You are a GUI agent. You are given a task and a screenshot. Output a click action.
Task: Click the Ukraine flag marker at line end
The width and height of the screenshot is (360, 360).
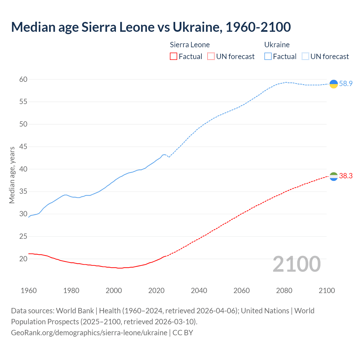[334, 84]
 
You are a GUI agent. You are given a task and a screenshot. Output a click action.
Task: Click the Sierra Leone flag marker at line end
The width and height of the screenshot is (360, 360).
[334, 176]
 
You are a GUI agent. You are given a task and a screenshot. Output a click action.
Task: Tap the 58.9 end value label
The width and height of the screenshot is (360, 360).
[346, 84]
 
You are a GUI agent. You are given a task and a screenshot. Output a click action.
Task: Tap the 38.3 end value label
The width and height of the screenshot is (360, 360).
[346, 176]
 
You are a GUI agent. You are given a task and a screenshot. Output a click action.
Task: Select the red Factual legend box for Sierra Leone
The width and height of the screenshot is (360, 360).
[174, 57]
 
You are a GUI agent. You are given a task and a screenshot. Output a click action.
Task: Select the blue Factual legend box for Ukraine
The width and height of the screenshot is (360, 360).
[268, 57]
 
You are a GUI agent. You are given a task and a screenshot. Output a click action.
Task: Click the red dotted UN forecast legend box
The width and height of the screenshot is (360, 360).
[211, 57]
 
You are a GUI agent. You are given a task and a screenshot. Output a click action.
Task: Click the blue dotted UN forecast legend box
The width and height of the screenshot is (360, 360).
[305, 57]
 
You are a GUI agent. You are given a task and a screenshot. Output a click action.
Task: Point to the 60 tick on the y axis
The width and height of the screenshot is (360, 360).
[23, 79]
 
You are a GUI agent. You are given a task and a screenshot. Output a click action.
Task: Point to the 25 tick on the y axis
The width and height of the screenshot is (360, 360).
[23, 236]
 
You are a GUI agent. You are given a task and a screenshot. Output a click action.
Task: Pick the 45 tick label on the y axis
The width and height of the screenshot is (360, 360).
[23, 147]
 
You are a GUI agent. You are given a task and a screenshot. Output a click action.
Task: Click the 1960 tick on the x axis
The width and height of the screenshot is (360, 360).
[29, 291]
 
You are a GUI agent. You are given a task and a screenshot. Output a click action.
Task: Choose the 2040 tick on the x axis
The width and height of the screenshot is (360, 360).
[199, 291]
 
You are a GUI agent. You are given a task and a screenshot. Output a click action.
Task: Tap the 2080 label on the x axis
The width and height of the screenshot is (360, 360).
[284, 291]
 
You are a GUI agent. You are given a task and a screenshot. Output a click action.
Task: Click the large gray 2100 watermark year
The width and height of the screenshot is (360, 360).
[297, 264]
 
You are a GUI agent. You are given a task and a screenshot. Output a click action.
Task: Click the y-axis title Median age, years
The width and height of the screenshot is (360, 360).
[12, 175]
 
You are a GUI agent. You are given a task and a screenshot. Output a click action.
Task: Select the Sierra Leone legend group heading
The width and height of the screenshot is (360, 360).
[190, 45]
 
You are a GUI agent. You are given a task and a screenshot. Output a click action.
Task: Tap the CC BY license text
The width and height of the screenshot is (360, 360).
[183, 333]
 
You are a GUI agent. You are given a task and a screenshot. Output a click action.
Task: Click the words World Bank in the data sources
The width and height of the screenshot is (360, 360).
[75, 311]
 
